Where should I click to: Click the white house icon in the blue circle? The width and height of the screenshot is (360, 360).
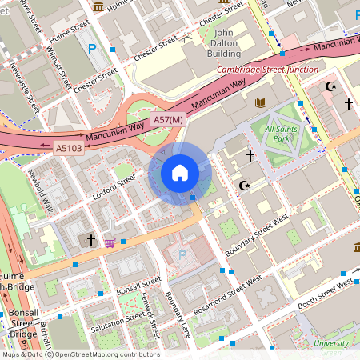[180, 173]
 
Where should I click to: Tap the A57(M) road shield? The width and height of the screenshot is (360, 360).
[168, 120]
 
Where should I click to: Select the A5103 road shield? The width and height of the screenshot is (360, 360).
[68, 148]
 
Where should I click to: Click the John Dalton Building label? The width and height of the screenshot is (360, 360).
[212, 43]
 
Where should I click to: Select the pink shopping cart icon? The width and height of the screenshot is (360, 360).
[110, 242]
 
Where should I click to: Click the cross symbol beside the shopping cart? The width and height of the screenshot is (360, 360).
[91, 239]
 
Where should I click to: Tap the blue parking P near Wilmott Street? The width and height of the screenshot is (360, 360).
[91, 49]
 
